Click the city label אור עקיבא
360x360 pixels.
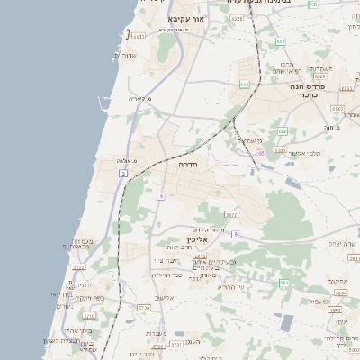click(187, 18)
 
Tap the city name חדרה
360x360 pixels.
click(189, 166)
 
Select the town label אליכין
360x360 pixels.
click(197, 240)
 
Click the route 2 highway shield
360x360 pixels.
click(122, 172)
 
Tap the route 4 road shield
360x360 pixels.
click(160, 195)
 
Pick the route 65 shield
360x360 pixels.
click(262, 153)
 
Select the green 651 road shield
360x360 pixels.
click(244, 85)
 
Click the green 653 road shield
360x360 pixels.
click(281, 41)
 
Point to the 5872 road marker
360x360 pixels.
click(231, 215)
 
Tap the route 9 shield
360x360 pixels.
click(235, 234)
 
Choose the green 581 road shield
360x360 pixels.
click(283, 283)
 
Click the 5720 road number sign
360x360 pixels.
click(143, 307)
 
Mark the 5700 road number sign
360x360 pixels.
click(89, 316)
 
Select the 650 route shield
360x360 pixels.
click(282, 131)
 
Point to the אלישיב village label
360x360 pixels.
click(165, 297)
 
